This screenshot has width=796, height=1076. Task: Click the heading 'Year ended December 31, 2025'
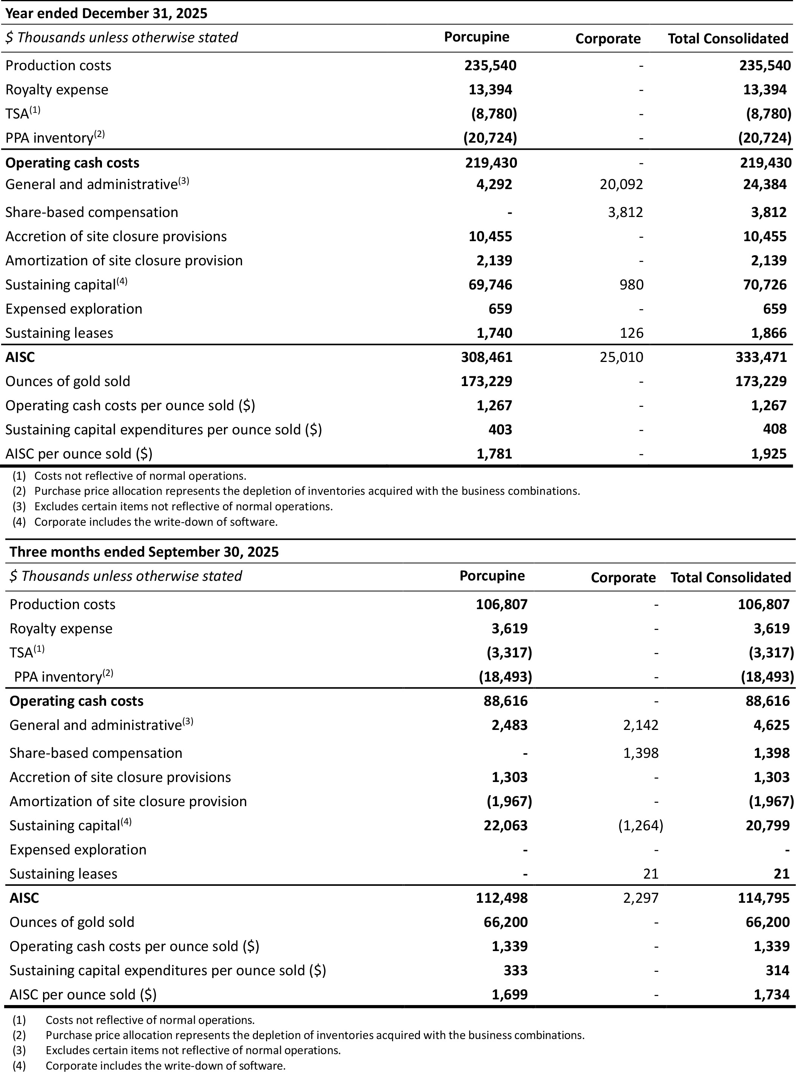click(106, 13)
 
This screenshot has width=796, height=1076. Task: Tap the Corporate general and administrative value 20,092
click(621, 184)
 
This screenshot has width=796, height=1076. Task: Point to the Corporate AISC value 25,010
click(621, 357)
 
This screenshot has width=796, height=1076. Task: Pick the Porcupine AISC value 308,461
click(486, 357)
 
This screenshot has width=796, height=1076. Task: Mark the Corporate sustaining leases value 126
click(632, 333)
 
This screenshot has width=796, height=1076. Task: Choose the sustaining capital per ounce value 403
click(500, 429)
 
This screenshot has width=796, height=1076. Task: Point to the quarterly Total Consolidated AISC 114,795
click(764, 898)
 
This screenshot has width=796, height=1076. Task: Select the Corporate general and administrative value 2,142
click(640, 725)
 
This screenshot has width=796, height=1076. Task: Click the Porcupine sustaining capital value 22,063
click(506, 825)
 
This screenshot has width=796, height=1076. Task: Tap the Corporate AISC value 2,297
click(640, 898)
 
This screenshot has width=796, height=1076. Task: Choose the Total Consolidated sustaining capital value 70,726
click(765, 285)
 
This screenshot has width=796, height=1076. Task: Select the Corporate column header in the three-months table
click(623, 577)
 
